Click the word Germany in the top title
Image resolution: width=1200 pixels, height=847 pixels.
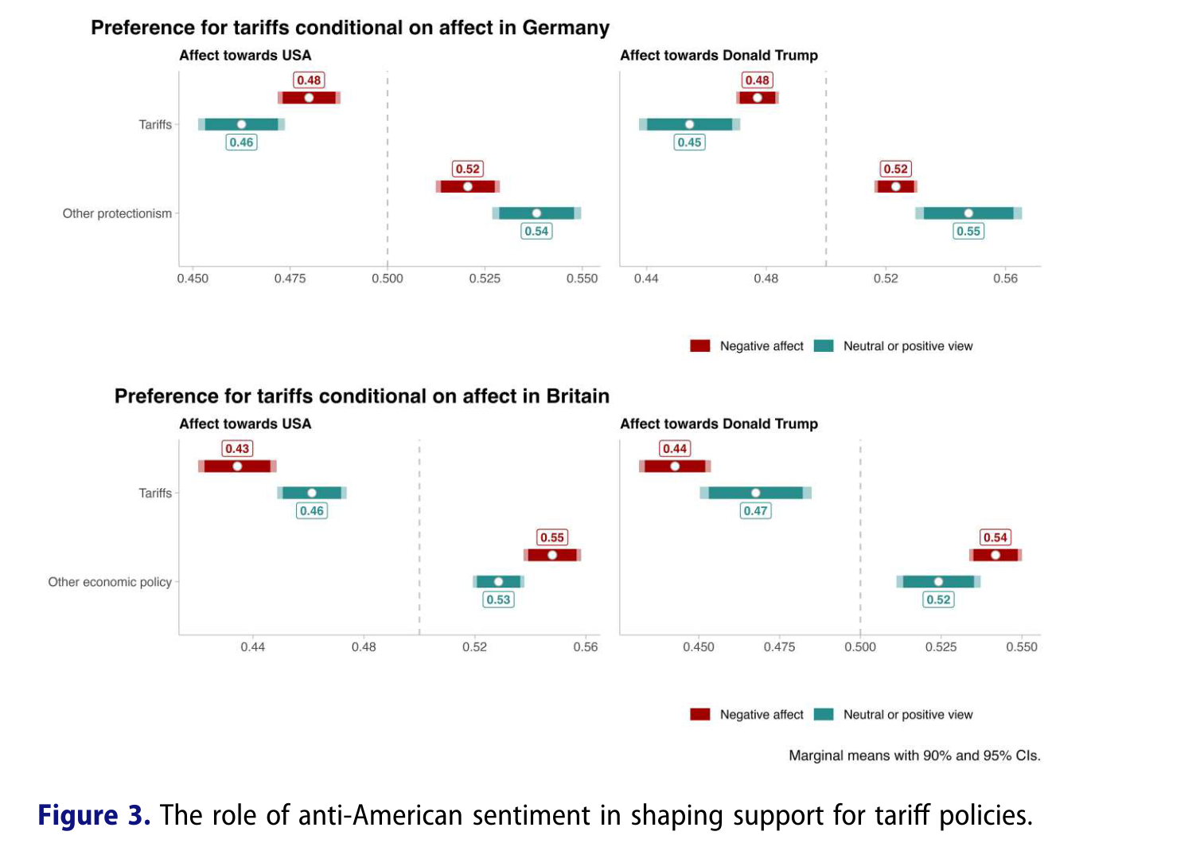pyautogui.click(x=565, y=28)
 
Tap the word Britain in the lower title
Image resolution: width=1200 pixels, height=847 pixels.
pyautogui.click(x=578, y=396)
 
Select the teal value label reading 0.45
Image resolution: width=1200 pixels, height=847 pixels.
pyautogui.click(x=689, y=142)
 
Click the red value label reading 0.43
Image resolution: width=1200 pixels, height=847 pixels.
pyautogui.click(x=237, y=449)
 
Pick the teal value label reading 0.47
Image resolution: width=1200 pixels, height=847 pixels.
pyautogui.click(x=755, y=511)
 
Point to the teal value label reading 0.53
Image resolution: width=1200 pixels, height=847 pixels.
pyautogui.click(x=498, y=600)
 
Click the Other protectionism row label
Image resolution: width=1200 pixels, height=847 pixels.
pyautogui.click(x=117, y=213)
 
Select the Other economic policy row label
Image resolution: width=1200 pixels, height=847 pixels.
pyautogui.click(x=110, y=582)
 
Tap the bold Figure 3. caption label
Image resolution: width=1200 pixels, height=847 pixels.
pyautogui.click(x=94, y=816)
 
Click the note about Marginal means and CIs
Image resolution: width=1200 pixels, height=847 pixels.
pyautogui.click(x=914, y=755)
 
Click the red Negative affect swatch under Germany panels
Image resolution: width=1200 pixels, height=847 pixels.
pyautogui.click(x=700, y=346)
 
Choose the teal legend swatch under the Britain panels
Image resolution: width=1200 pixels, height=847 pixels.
pyautogui.click(x=824, y=715)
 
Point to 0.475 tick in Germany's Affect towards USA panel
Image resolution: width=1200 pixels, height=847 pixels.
pyautogui.click(x=290, y=279)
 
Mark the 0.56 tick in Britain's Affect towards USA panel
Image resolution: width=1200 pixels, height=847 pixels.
pyautogui.click(x=585, y=647)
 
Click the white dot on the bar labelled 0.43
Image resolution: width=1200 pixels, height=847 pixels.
pyautogui.click(x=237, y=466)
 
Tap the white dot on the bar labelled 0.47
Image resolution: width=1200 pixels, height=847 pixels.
pyautogui.click(x=755, y=494)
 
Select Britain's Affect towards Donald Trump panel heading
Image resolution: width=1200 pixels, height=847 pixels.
pyautogui.click(x=719, y=424)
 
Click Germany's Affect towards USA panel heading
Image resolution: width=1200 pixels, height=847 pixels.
pyautogui.click(x=245, y=56)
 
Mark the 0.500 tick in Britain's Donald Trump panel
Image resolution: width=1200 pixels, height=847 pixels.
pyautogui.click(x=860, y=647)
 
